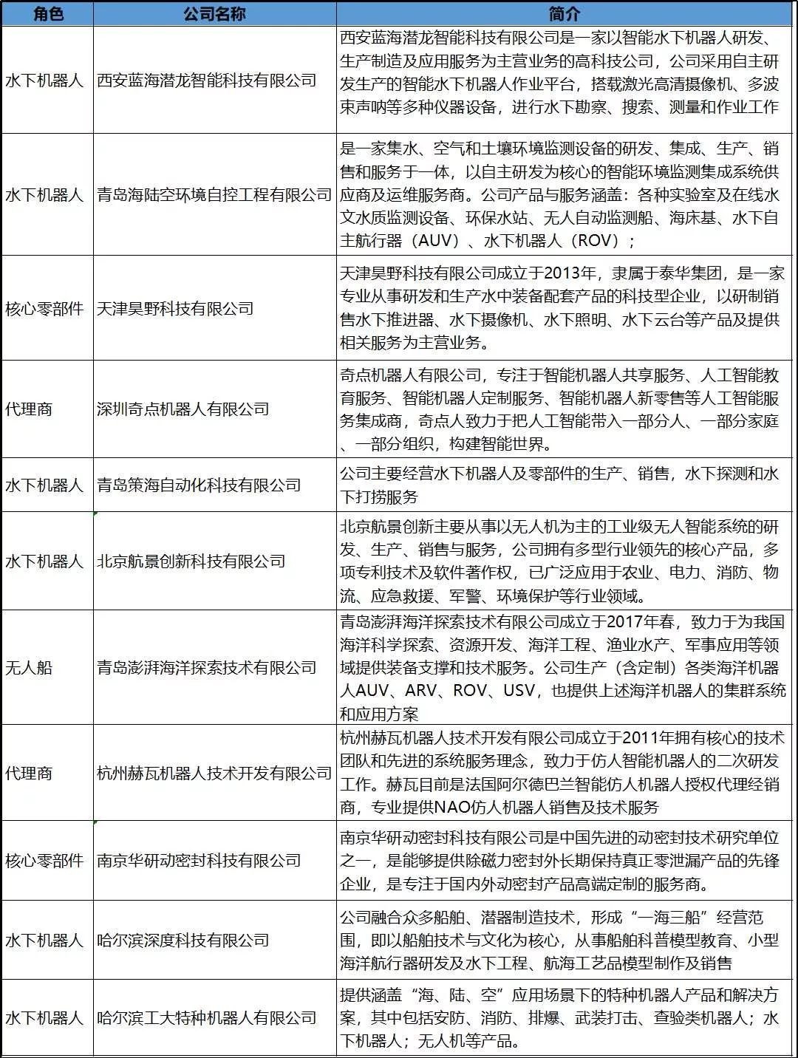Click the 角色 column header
(47, 13)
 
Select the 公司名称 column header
(214, 13)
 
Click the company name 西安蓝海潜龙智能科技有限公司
(207, 80)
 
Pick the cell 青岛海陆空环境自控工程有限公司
(214, 195)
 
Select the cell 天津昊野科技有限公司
(175, 308)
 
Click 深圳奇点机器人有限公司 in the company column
(183, 409)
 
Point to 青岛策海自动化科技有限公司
(199, 485)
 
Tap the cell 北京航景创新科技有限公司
(191, 562)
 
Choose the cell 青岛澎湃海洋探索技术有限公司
(207, 668)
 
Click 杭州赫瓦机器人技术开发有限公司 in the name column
(214, 773)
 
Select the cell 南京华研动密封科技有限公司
(199, 861)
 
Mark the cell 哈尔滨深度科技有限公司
(183, 941)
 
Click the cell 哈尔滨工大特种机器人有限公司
(207, 1018)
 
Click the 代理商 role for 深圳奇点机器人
(29, 409)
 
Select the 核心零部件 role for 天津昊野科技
(44, 308)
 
